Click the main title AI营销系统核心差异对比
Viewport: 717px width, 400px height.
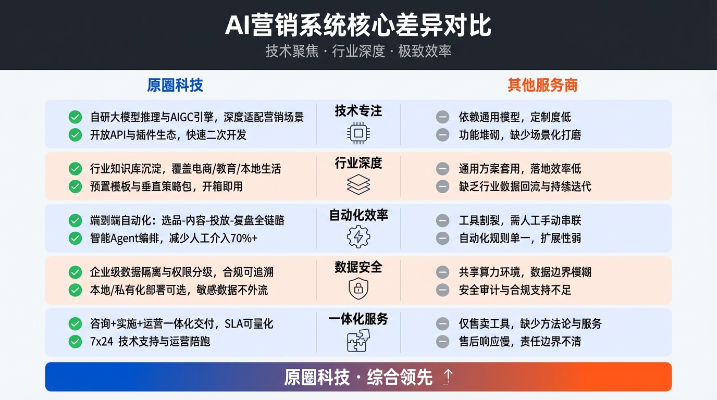[x=358, y=26]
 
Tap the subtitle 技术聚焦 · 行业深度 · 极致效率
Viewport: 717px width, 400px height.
[x=358, y=52]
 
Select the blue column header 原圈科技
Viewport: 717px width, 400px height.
[x=175, y=85]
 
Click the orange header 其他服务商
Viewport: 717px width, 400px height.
[x=542, y=85]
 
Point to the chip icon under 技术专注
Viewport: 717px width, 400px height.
[x=358, y=133]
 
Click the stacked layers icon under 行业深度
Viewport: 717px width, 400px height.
[x=358, y=184]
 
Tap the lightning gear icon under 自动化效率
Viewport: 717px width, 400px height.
[x=358, y=236]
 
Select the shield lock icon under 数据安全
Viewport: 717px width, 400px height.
[x=358, y=288]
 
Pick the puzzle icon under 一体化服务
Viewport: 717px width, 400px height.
[x=358, y=340]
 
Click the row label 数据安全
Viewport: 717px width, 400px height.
[x=358, y=267]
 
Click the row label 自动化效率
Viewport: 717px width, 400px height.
[x=358, y=215]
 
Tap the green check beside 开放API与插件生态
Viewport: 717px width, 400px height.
[x=76, y=135]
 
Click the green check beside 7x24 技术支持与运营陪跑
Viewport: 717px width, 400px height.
[x=76, y=342]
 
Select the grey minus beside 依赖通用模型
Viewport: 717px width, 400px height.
[x=442, y=117]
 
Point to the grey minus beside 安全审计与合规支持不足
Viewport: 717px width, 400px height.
[x=442, y=290]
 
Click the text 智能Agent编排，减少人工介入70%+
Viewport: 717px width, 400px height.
[x=174, y=238]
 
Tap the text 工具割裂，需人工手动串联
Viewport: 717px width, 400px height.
[x=520, y=220]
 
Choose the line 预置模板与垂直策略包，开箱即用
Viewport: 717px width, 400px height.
[x=166, y=186]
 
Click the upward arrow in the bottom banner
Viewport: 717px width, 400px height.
[x=448, y=377]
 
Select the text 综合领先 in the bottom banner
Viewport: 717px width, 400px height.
[x=400, y=377]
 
